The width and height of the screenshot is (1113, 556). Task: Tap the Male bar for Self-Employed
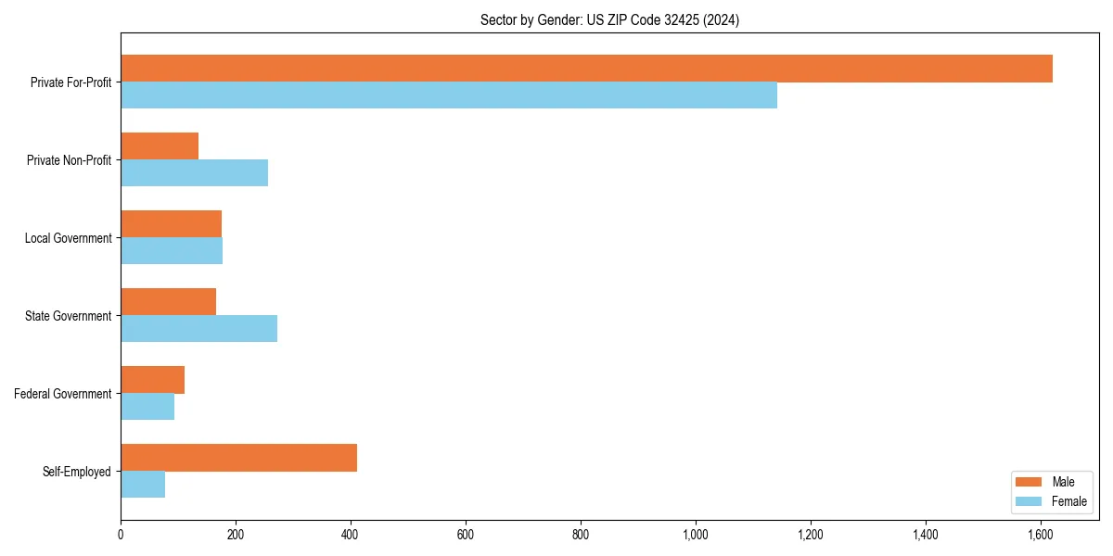point(238,458)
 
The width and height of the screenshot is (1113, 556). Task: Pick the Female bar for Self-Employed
point(143,485)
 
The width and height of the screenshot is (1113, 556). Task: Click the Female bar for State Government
point(198,329)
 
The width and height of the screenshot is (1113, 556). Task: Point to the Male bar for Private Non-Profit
point(160,146)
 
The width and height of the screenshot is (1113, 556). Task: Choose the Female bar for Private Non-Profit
point(194,173)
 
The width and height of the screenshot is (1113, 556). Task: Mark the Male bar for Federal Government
point(152,380)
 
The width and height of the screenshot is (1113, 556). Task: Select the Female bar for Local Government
point(172,251)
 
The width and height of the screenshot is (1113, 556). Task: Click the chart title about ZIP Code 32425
point(609,19)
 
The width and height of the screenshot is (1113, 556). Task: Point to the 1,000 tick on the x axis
point(696,534)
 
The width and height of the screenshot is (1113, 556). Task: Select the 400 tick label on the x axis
point(351,534)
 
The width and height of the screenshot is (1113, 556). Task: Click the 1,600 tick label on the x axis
point(1041,534)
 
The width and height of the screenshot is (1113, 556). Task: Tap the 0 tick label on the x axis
point(121,534)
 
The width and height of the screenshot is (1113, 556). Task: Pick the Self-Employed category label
point(77,472)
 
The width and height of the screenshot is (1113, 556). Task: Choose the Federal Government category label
point(63,394)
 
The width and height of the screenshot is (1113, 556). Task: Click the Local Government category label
point(69,238)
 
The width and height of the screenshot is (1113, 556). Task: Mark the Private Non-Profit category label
point(70,160)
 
